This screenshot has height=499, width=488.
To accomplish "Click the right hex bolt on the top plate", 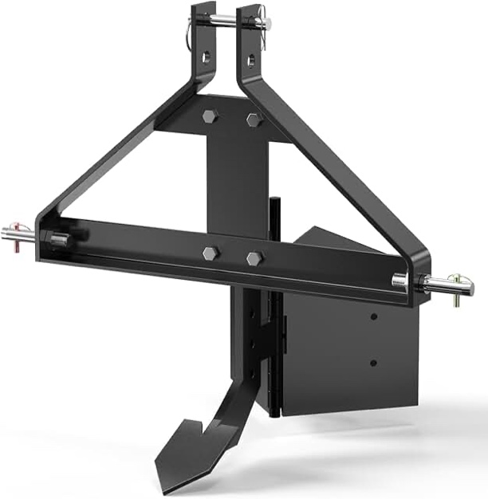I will click(254, 120).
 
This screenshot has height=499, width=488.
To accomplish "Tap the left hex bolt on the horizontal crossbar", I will click(211, 253).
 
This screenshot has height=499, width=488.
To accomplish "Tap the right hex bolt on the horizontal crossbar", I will click(254, 259).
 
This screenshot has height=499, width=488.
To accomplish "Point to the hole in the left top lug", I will click(207, 57).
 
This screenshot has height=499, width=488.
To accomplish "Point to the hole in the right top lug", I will click(252, 60).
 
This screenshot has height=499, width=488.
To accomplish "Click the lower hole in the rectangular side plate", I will click(372, 363).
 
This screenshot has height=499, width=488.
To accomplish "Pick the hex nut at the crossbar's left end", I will click(57, 240).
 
